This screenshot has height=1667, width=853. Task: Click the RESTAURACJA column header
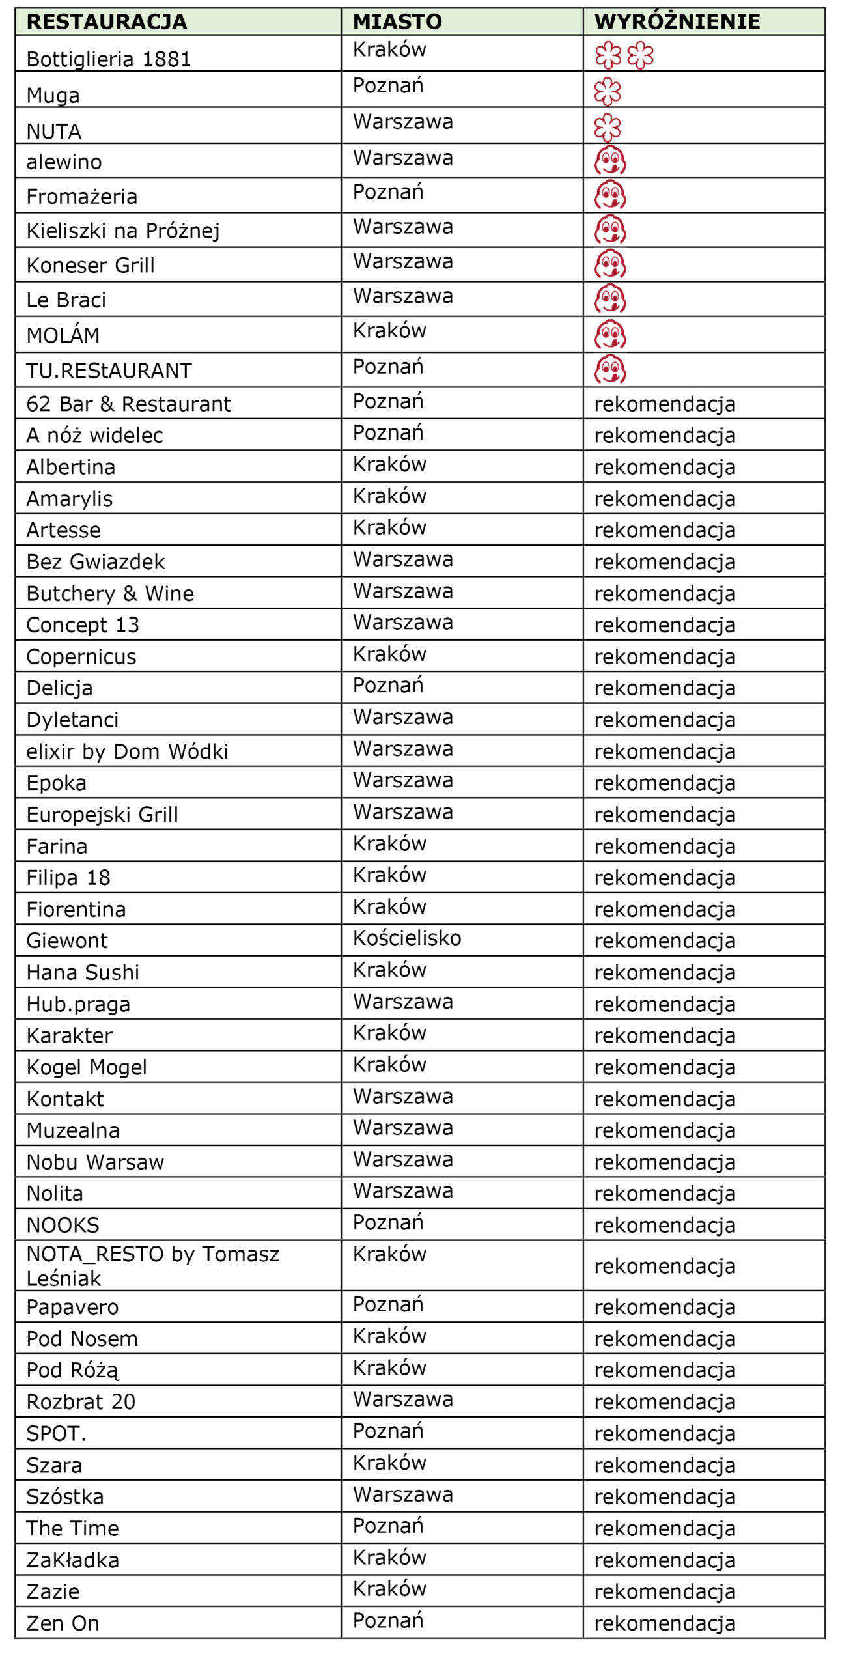coord(107,21)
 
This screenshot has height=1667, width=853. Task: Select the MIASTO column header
coord(397,21)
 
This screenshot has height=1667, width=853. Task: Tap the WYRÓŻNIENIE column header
coord(677,21)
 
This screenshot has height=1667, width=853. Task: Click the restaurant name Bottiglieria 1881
coord(109,59)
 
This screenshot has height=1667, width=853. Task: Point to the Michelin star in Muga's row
coord(608,92)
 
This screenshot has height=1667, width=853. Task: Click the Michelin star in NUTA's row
coord(608,128)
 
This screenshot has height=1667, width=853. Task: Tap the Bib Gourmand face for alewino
coord(610,161)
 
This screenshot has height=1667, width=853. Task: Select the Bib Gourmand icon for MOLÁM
coord(610,335)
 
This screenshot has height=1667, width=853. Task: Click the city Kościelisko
coord(407,938)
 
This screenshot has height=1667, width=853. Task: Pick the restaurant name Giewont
coord(67,941)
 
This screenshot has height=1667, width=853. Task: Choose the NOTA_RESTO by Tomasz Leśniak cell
coord(152,1266)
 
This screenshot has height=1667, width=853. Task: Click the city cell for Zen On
coord(388,1620)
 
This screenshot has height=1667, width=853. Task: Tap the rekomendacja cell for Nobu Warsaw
coord(665,1162)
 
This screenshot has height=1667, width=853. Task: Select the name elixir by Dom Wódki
coord(127,751)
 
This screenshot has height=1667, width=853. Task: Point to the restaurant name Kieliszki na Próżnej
coord(123,231)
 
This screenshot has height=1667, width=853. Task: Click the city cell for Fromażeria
coord(388,193)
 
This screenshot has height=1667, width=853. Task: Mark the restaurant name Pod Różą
coord(72,1370)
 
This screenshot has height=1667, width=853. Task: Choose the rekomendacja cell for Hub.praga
coord(665,1004)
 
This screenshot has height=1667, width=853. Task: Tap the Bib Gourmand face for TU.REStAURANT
coord(610,369)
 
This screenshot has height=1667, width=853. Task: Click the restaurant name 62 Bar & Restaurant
coord(128,404)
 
